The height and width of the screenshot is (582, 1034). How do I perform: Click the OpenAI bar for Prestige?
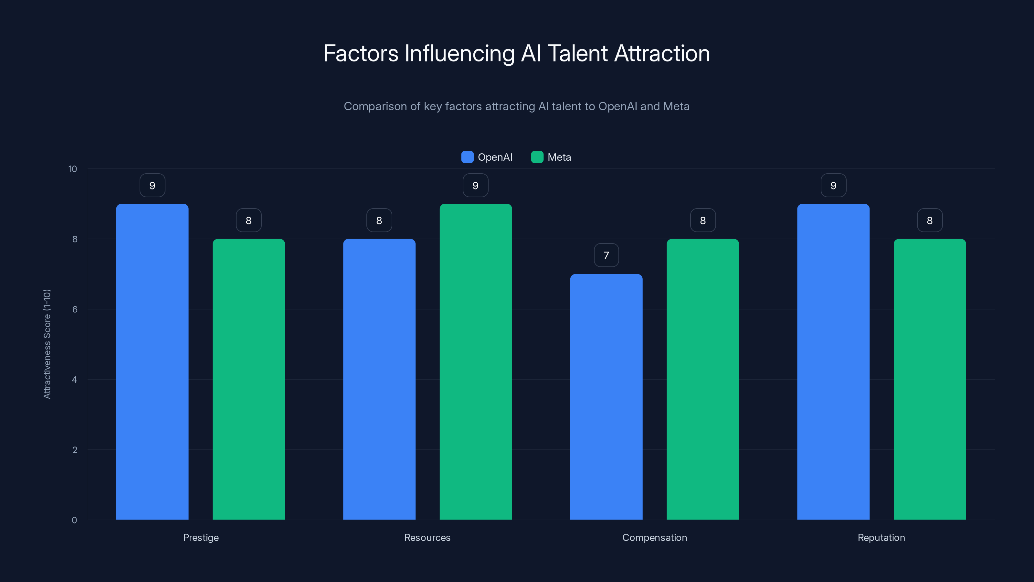pyautogui.click(x=152, y=361)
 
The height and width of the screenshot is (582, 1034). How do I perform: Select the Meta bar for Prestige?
pyautogui.click(x=248, y=379)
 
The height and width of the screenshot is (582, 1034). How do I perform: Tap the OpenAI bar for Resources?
pyautogui.click(x=379, y=379)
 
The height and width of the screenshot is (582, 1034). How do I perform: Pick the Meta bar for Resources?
pyautogui.click(x=476, y=361)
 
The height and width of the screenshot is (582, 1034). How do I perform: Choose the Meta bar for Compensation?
pyautogui.click(x=702, y=379)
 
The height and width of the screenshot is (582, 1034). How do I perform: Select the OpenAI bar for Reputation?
pyautogui.click(x=833, y=361)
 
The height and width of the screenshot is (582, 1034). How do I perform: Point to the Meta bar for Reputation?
pyautogui.click(x=930, y=379)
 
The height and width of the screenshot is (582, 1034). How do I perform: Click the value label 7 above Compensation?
pyautogui.click(x=606, y=255)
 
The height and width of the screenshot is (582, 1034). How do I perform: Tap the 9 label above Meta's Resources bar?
pyautogui.click(x=475, y=185)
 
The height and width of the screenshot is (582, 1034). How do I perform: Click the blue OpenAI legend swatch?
pyautogui.click(x=467, y=157)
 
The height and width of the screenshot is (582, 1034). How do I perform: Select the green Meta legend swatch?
pyautogui.click(x=537, y=157)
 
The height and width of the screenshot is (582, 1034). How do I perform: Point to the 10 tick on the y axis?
pyautogui.click(x=73, y=169)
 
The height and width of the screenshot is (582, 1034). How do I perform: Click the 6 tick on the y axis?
pyautogui.click(x=75, y=309)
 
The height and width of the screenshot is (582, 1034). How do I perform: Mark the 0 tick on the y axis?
pyautogui.click(x=74, y=520)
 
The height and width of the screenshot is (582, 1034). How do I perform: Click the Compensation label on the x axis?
pyautogui.click(x=654, y=537)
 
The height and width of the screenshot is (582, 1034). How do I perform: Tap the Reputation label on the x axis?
pyautogui.click(x=881, y=537)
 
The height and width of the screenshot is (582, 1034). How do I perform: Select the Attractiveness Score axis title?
pyautogui.click(x=47, y=344)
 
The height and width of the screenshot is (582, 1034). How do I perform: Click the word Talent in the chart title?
pyautogui.click(x=578, y=53)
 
